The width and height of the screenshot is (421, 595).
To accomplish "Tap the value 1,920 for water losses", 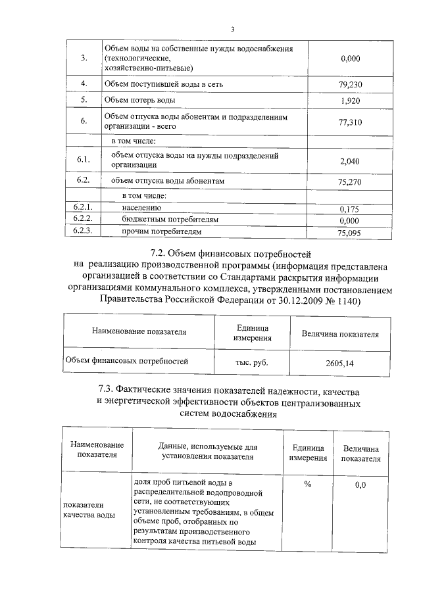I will coord(351,101).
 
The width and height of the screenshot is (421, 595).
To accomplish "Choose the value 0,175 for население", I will coord(351,208).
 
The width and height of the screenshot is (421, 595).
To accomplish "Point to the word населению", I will coord(142,208).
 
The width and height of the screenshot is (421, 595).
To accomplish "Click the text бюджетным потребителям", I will coord(170,220).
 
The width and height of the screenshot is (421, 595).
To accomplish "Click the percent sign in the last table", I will coord(307,485).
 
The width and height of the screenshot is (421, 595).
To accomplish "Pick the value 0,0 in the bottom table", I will coord(360,485).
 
